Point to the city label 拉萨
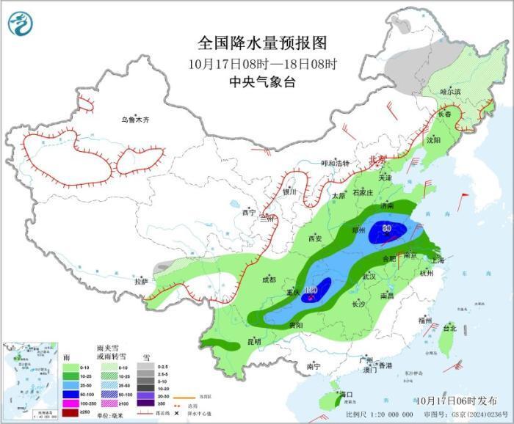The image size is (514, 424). click(141, 281)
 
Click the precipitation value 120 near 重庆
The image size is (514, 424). click(311, 290)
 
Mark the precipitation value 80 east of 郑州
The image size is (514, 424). click(386, 228)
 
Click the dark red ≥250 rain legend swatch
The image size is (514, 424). click(70, 414)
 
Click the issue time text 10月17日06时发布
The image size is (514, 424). click(455, 400)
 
